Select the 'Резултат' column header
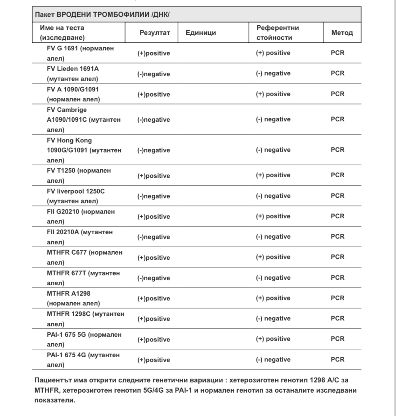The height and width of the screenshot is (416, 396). (x=152, y=33)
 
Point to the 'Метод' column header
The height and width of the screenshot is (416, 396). (x=341, y=33)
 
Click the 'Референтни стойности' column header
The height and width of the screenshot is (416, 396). (x=278, y=33)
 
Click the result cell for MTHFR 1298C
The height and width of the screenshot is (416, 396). (x=153, y=319)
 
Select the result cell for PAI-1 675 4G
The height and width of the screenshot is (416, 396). (x=153, y=360)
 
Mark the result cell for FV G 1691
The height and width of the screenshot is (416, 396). (x=153, y=53)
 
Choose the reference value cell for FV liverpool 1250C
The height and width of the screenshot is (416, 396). (x=273, y=196)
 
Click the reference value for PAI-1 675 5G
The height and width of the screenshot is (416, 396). (x=273, y=339)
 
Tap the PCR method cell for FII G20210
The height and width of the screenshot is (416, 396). (x=337, y=216)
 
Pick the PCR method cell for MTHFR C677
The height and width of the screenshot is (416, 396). (x=337, y=257)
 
